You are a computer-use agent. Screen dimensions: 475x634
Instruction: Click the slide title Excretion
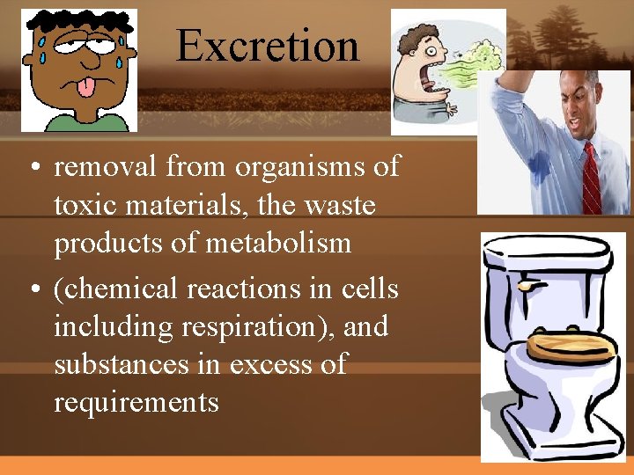pyautogui.click(x=267, y=45)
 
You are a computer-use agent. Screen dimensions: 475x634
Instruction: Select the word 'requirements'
pyautogui.click(x=136, y=402)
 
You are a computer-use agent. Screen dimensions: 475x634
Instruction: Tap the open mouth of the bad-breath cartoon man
pyautogui.click(x=426, y=71)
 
